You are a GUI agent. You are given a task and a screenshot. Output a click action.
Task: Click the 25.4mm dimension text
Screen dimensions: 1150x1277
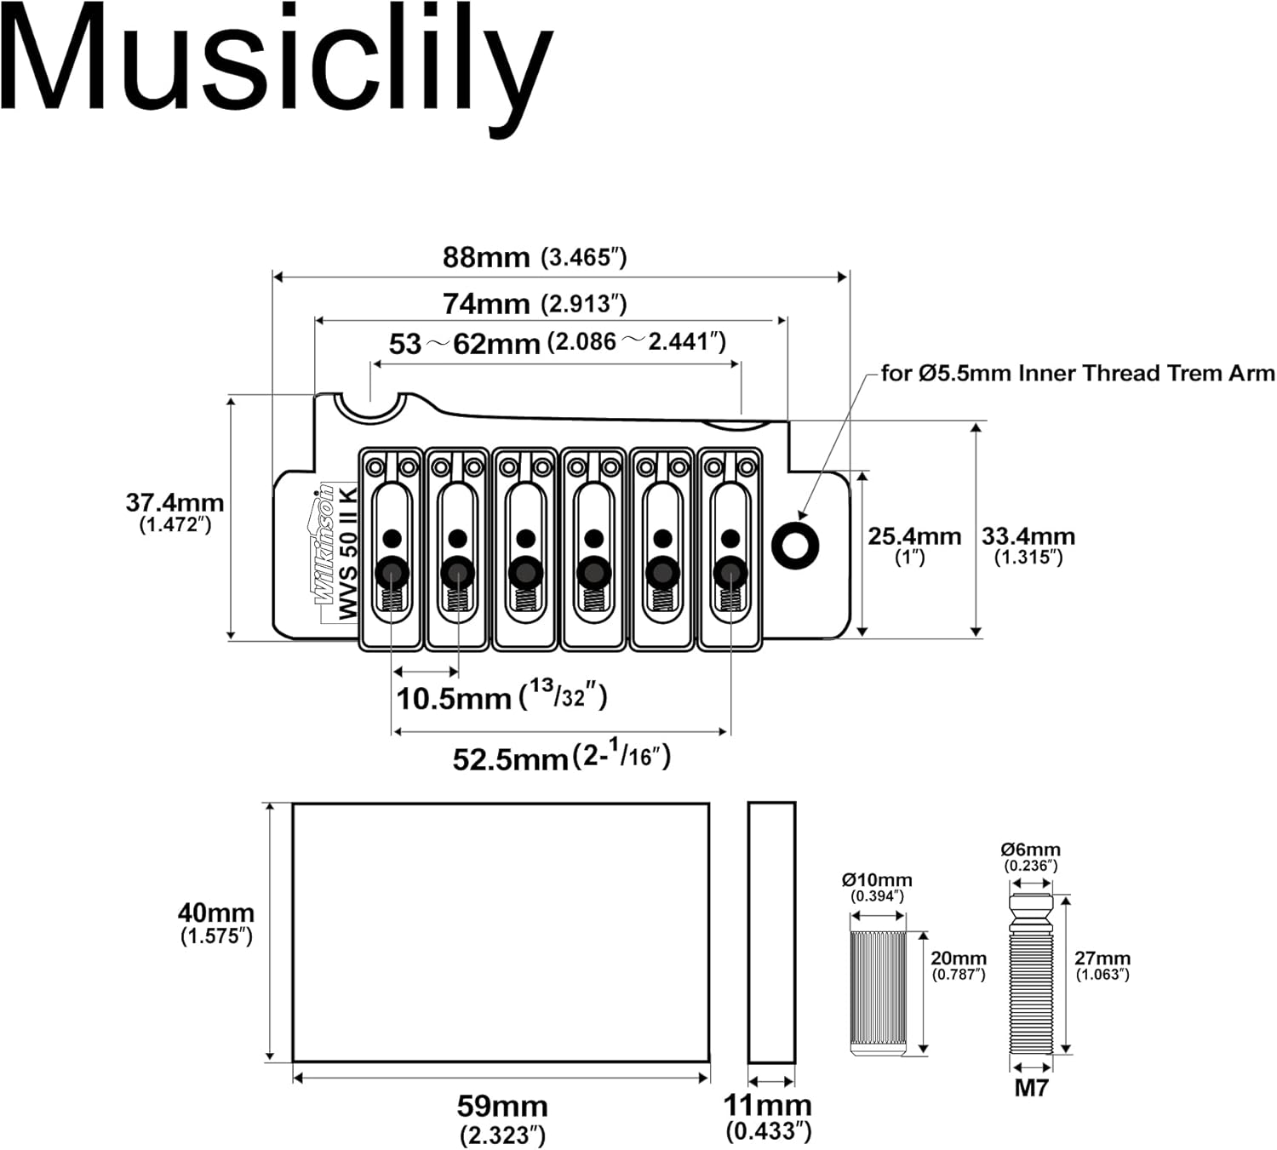click(x=913, y=537)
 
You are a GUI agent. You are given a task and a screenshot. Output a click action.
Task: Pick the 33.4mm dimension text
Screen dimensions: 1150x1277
click(x=1028, y=537)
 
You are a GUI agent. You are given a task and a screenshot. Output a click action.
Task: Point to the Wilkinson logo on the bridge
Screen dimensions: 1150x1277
click(x=324, y=545)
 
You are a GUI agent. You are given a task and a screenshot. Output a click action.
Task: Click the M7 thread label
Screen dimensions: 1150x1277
click(x=1031, y=1087)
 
